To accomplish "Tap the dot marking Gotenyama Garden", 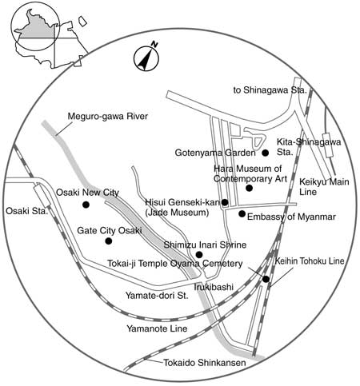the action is (x=265, y=153).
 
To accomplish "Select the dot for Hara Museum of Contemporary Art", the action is (x=249, y=188).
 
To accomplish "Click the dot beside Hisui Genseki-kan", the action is (x=225, y=202).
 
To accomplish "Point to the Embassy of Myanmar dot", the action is (x=242, y=213).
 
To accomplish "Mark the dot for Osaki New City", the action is (x=86, y=205).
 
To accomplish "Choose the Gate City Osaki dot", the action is (x=109, y=241).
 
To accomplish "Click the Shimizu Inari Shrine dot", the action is (x=199, y=255).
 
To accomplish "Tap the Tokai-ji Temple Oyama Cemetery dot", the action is (x=266, y=279).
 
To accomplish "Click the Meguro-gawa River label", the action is (x=108, y=117).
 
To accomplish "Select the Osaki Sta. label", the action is (x=27, y=211).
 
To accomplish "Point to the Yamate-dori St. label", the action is (x=157, y=296).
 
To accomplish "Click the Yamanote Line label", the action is (x=157, y=328).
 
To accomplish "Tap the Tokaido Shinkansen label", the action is (x=205, y=363).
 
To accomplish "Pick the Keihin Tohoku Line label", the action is (x=310, y=261).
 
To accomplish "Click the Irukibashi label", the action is (x=214, y=287).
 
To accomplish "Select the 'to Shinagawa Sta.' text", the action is (x=270, y=90).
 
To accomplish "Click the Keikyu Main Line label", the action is (x=324, y=187).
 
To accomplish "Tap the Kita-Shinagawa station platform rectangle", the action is (x=328, y=145).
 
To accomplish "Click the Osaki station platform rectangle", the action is (x=42, y=197).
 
